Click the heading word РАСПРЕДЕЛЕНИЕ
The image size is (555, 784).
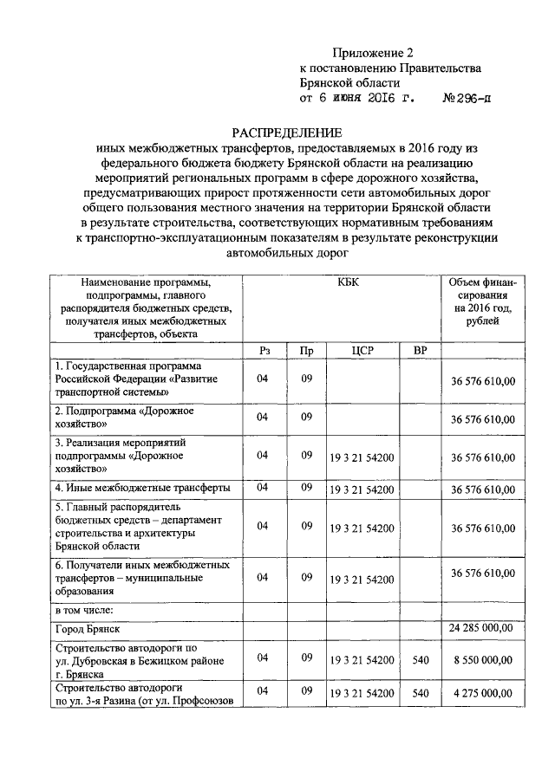pyautogui.click(x=287, y=133)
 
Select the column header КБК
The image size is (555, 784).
pyautogui.click(x=340, y=282)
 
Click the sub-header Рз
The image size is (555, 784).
pyautogui.click(x=264, y=350)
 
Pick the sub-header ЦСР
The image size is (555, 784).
pyautogui.click(x=362, y=350)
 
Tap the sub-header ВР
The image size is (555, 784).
pyautogui.click(x=421, y=350)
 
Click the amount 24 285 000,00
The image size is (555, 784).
pyautogui.click(x=481, y=627)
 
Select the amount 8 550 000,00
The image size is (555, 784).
pyautogui.click(x=483, y=659)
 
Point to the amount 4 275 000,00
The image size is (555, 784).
pyautogui.click(x=483, y=694)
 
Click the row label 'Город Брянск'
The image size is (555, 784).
pyautogui.click(x=88, y=627)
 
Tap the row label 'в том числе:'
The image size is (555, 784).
pyautogui.click(x=83, y=611)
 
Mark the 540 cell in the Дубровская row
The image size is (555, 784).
pyautogui.click(x=421, y=659)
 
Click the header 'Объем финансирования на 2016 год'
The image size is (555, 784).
pyautogui.click(x=482, y=308)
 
